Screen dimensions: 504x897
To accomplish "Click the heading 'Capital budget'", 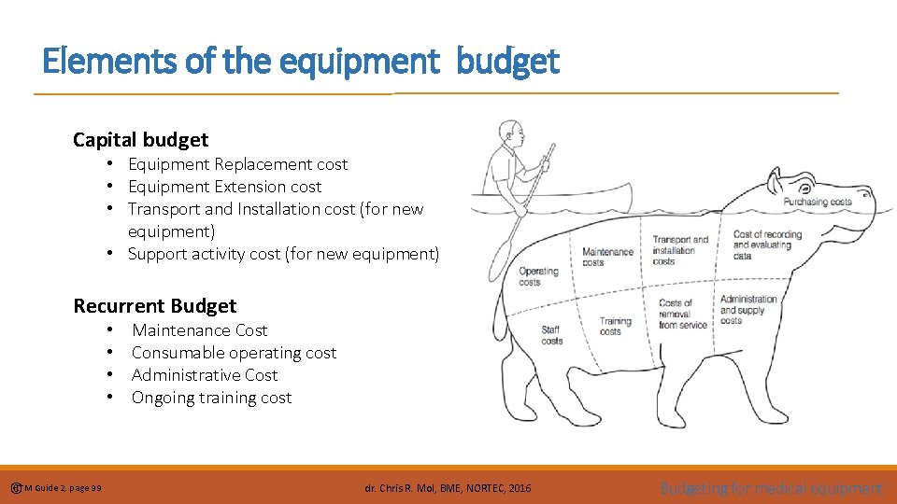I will pos(141,140).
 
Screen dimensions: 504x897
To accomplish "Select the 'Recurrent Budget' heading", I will pos(155,306).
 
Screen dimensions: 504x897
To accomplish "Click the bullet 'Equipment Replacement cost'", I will pos(237,164).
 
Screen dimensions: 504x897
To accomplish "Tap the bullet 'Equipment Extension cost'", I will pos(224,187).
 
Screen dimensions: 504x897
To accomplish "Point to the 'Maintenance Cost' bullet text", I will pos(199,330).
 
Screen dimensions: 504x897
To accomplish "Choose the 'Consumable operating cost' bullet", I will pos(234,353).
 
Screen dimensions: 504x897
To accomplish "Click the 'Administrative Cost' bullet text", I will pos(205,375).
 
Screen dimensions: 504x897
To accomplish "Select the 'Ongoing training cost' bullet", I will pos(211,398).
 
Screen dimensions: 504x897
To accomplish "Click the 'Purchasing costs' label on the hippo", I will pos(818,202).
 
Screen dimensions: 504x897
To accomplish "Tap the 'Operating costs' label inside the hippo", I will pos(538,276).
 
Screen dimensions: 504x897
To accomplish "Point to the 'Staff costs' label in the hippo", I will pos(552,335).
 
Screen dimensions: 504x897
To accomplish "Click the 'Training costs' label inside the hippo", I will pos(615,326).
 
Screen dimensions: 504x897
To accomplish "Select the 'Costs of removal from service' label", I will pos(683,314).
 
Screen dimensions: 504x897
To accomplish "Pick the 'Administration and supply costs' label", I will pos(747,310).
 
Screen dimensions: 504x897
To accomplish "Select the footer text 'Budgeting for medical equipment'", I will pos(771,488).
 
